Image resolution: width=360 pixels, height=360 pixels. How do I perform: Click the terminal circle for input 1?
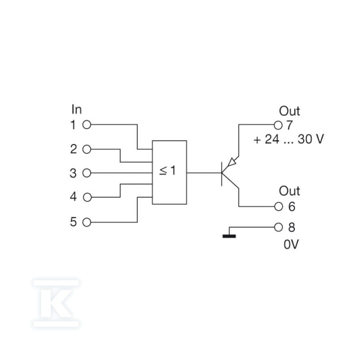[x=87, y=125]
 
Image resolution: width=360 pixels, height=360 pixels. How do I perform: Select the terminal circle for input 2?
[x=87, y=149]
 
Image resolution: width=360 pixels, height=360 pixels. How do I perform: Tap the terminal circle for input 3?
[x=87, y=173]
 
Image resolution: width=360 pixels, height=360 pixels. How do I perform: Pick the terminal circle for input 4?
[x=87, y=197]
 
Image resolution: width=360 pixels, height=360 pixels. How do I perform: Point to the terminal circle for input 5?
[x=87, y=222]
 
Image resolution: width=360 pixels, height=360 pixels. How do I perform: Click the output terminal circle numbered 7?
[x=278, y=126]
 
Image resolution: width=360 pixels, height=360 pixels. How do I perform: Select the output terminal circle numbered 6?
[x=279, y=207]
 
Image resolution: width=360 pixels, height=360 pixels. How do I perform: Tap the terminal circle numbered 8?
[x=279, y=227]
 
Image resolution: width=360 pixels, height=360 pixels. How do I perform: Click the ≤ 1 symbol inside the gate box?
[x=167, y=171]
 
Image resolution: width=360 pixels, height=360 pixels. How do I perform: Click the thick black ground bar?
[x=229, y=236]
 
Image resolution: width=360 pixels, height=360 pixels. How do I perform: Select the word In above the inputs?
[x=76, y=109]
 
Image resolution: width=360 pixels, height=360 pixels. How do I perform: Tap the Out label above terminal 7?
[x=289, y=111]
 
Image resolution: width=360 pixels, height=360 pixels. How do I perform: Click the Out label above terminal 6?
[x=289, y=191]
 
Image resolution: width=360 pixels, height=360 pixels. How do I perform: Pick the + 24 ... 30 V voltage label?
[x=288, y=139]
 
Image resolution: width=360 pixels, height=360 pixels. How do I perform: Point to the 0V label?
[x=291, y=244]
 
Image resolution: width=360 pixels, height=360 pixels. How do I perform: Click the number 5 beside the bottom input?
[x=73, y=222]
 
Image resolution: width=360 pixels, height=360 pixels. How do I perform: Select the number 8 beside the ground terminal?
[x=292, y=228]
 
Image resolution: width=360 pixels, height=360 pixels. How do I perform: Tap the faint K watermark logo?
[x=56, y=303]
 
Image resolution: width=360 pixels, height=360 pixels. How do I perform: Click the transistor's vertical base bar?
[x=221, y=174]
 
